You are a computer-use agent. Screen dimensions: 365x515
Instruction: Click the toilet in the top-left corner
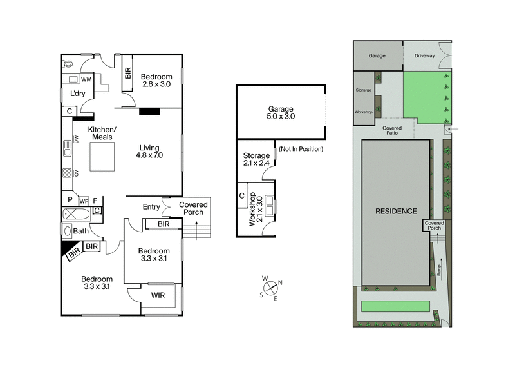point(69,65)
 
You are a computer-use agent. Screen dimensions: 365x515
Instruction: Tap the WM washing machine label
point(87,79)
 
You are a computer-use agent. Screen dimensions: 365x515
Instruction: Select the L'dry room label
point(78,94)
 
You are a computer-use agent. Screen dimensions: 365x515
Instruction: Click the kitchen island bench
point(102,157)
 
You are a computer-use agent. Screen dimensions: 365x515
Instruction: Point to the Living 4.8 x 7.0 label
point(150,151)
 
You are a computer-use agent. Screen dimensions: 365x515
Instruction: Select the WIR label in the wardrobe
point(158,296)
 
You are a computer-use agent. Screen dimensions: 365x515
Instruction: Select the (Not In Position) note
point(301,150)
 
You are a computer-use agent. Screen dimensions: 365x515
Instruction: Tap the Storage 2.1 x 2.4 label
point(256,159)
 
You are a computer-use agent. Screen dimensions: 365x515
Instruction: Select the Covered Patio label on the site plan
point(392,131)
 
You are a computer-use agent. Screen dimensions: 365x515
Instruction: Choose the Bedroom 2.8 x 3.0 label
point(158,80)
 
